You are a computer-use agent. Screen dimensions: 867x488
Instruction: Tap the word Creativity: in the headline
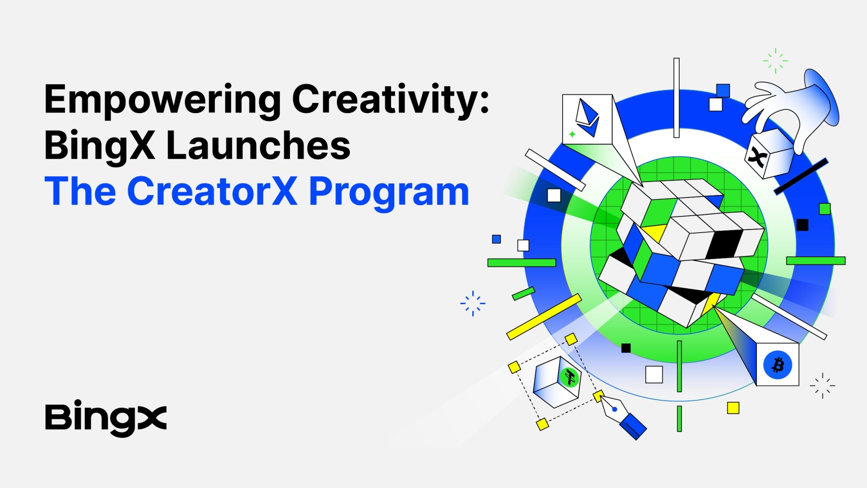coord(391,100)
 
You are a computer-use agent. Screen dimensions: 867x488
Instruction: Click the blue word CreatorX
coord(212,191)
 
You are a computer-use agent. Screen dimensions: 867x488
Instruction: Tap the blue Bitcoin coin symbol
coord(778,365)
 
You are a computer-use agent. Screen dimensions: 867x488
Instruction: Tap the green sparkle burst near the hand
coord(775,61)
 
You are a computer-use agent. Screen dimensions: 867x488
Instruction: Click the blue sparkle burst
coord(473,303)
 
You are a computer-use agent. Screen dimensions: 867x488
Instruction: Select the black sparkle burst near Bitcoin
coord(822,385)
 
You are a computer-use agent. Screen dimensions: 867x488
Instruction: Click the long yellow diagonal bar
coord(544,317)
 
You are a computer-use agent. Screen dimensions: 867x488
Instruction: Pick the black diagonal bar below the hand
coord(801,176)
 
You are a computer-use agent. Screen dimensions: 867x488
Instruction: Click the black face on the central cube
coord(724,244)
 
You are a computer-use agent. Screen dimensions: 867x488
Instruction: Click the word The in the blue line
coord(80,191)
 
